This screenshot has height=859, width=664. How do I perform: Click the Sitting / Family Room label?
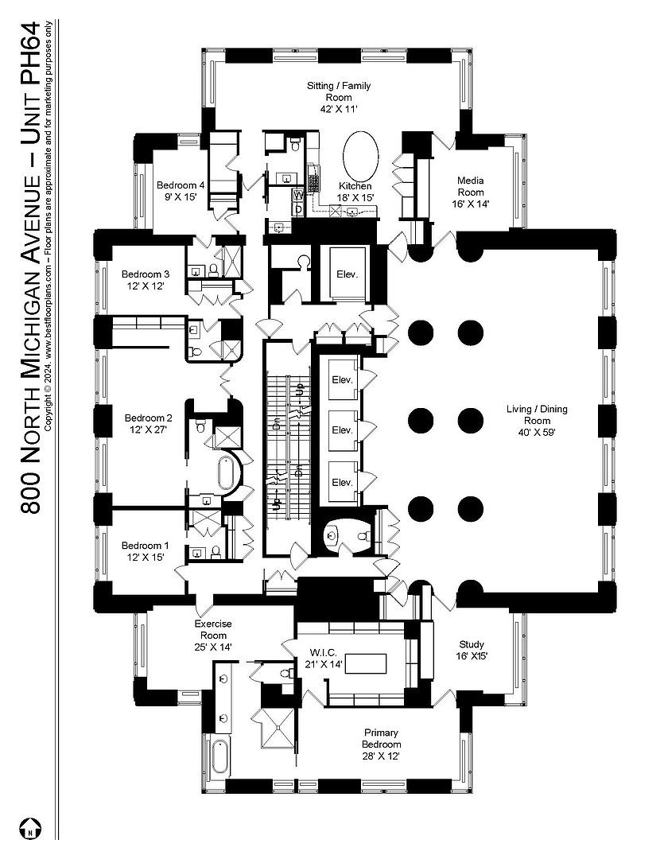click(x=339, y=97)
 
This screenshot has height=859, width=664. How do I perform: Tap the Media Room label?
click(x=469, y=192)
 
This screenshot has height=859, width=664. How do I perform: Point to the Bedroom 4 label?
click(x=181, y=190)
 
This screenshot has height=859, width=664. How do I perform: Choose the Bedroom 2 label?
click(x=148, y=423)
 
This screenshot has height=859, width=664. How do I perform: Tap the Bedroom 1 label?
click(x=145, y=551)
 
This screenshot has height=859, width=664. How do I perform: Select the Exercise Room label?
click(x=212, y=630)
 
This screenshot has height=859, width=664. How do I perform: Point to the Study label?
click(x=472, y=650)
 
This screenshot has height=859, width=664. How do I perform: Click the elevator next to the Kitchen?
click(x=347, y=274)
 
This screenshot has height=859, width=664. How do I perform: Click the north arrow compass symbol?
click(x=30, y=827)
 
